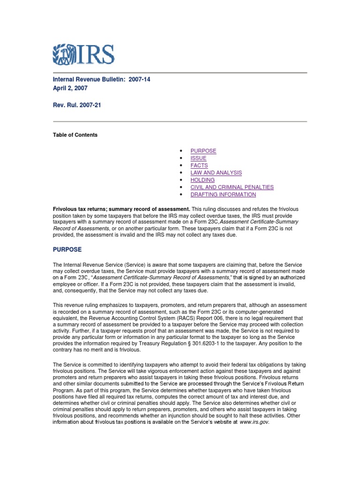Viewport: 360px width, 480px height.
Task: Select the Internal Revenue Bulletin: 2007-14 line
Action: (101, 80)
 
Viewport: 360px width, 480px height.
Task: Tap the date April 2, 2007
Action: (69, 88)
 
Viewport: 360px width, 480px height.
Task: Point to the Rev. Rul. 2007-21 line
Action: (76, 105)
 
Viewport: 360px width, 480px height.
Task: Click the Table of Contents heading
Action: (75, 135)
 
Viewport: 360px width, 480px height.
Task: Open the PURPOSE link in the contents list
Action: (203, 151)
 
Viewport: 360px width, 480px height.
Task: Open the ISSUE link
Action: (198, 158)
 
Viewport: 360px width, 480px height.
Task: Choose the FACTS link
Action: (199, 165)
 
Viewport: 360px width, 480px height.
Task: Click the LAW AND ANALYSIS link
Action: (216, 172)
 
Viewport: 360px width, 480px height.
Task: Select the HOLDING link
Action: (202, 180)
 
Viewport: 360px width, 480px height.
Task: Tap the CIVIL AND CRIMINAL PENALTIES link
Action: (232, 187)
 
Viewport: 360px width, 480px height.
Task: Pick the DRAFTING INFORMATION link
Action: (223, 195)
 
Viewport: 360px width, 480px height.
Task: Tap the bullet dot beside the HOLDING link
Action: (180, 180)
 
